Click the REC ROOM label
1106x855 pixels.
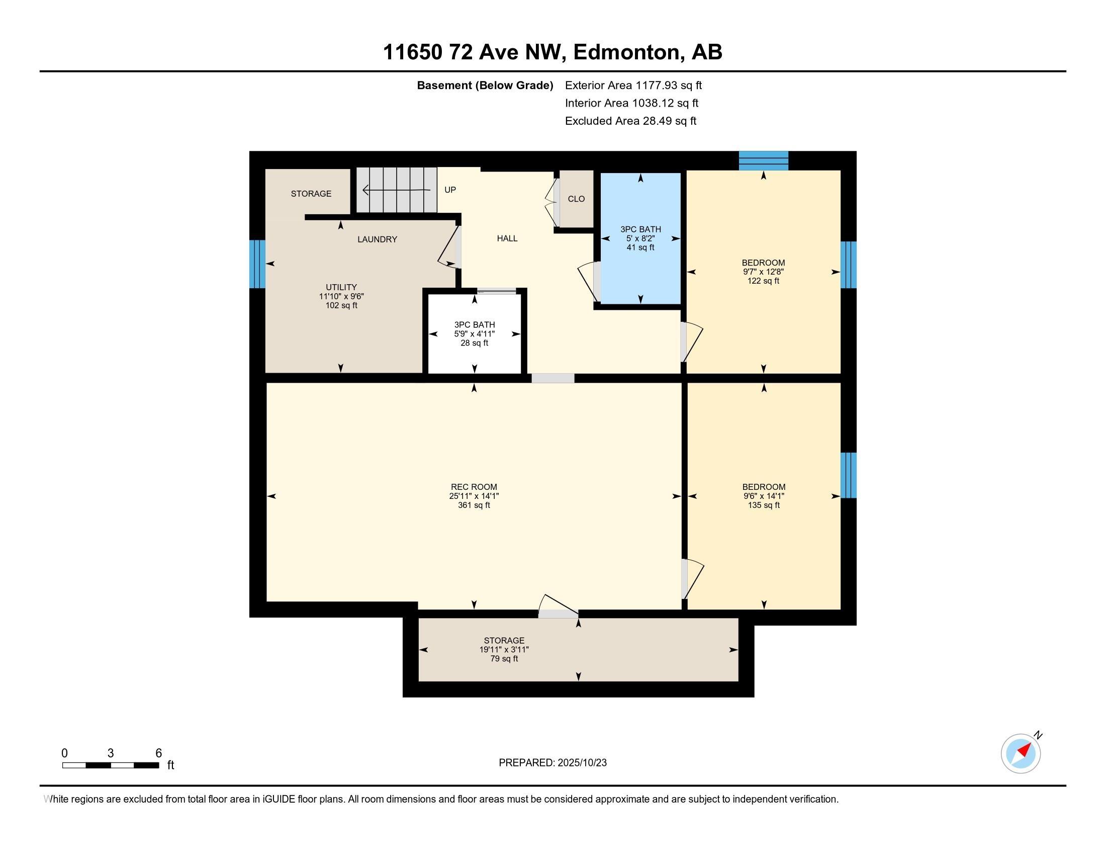pos(474,487)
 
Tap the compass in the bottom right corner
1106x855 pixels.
pos(1021,753)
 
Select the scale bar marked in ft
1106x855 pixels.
pos(111,765)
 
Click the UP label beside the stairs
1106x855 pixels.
pos(450,190)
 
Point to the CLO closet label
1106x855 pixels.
pos(576,199)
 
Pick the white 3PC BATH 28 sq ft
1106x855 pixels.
pos(474,334)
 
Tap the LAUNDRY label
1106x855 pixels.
pos(377,239)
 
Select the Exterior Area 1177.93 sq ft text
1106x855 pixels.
pos(633,85)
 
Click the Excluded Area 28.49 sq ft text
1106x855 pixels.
pos(630,121)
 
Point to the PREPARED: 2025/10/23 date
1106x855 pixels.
pos(552,763)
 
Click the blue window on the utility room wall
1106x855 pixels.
pos(257,264)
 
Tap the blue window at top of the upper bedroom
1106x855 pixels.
pos(763,160)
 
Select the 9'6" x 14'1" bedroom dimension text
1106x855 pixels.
pos(764,496)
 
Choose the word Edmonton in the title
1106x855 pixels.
pos(626,52)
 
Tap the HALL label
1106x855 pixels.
pos(507,238)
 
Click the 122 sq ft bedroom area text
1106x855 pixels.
pos(763,281)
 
